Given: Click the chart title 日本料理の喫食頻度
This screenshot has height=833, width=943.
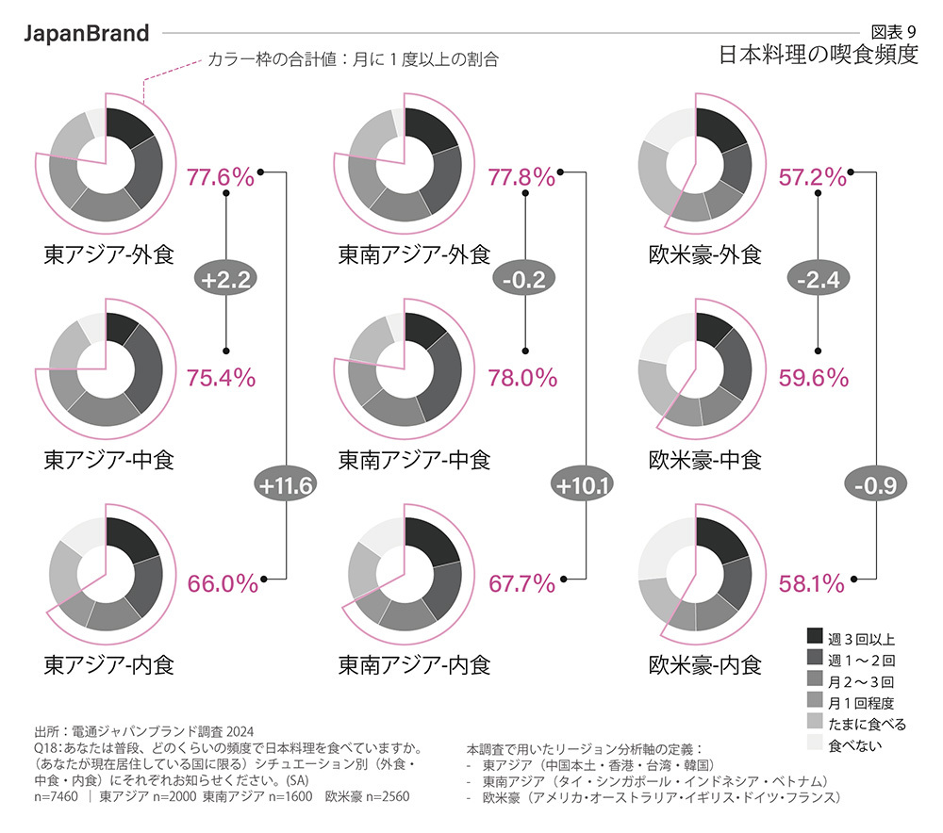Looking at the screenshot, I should click(x=818, y=55).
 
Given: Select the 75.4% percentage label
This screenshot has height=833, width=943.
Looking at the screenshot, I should click(x=221, y=378).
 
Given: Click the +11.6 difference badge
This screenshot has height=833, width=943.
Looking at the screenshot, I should click(x=284, y=485).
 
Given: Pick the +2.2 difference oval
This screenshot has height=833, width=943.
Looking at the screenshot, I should click(x=226, y=278).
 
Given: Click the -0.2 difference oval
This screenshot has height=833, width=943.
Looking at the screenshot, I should click(x=524, y=278).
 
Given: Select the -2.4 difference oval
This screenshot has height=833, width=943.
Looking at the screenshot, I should click(x=818, y=278).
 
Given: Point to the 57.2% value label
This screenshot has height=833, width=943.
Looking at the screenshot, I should click(x=812, y=176).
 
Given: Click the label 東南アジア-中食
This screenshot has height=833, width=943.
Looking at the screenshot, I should click(x=414, y=460).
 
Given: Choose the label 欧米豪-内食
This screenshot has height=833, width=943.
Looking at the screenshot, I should click(x=704, y=665).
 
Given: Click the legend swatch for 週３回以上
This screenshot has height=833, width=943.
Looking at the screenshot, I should click(x=816, y=638).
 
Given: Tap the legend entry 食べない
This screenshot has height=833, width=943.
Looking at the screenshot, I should click(x=854, y=746).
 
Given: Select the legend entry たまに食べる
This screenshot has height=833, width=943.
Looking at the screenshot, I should click(x=867, y=725).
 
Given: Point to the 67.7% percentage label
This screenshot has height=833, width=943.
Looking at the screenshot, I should click(x=521, y=583).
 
